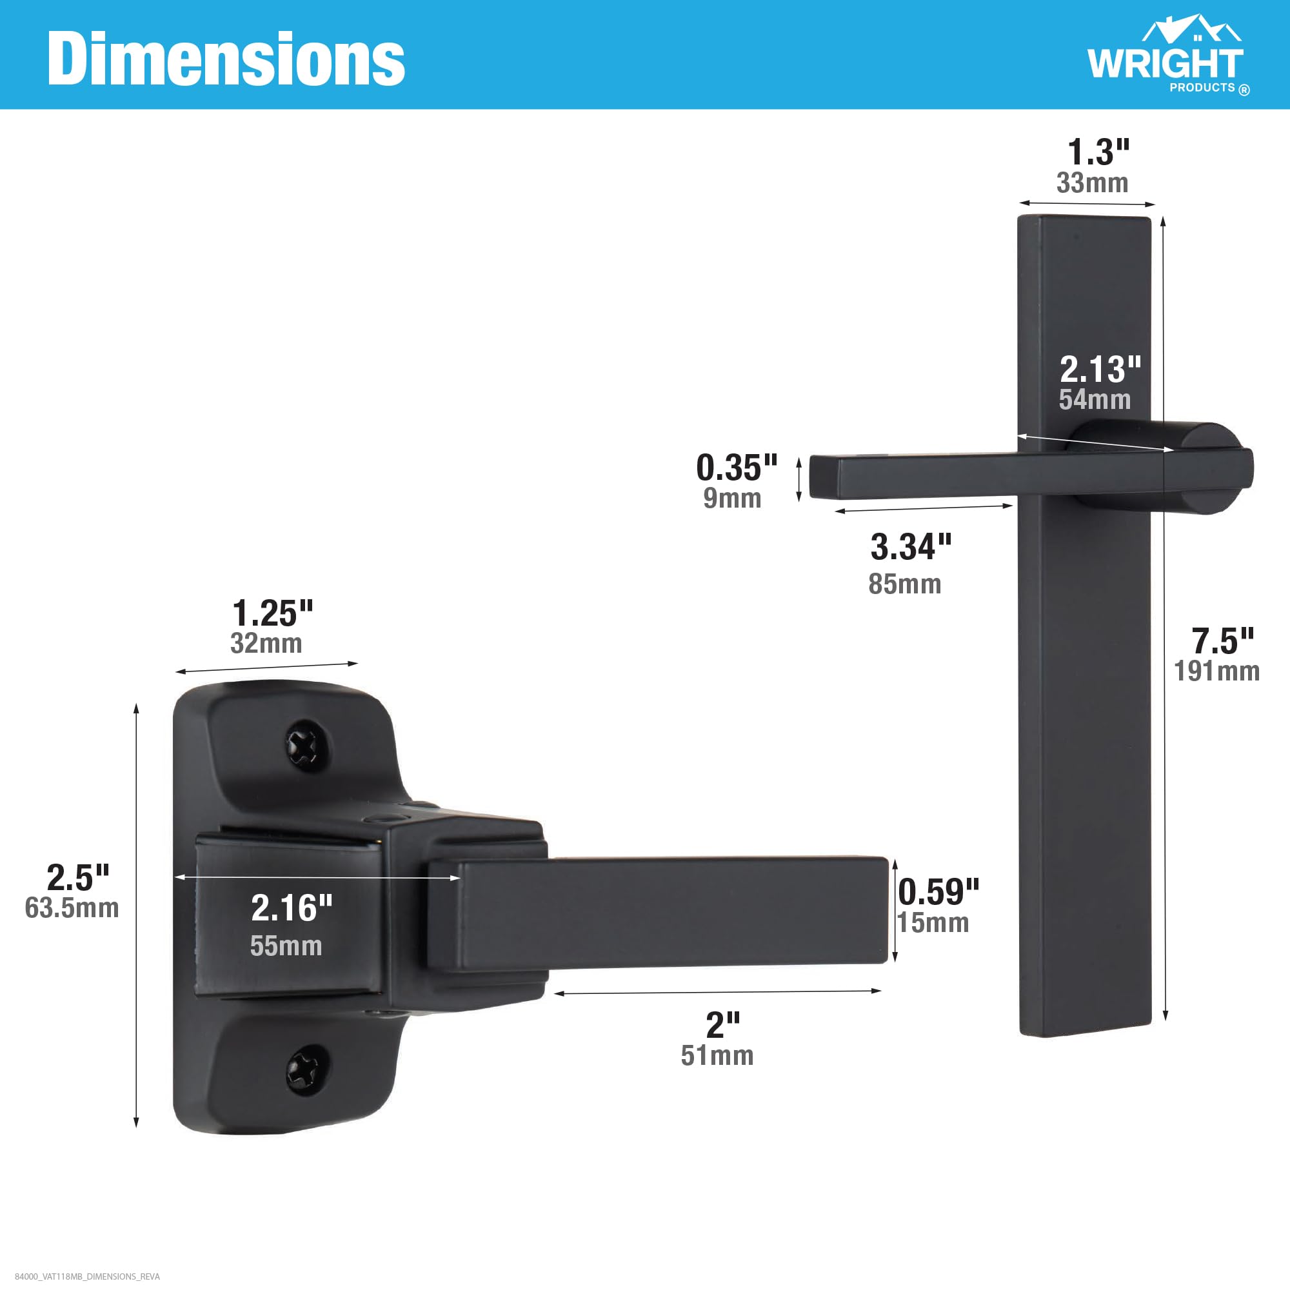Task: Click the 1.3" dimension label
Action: click(x=1098, y=152)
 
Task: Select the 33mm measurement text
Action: click(x=1093, y=183)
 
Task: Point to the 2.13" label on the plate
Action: click(x=1100, y=369)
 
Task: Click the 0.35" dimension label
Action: click(x=737, y=468)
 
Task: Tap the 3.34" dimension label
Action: click(x=911, y=547)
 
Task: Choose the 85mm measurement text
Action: click(x=905, y=584)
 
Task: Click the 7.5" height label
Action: click(x=1222, y=641)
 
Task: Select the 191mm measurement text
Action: click(x=1216, y=671)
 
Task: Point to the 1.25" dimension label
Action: click(x=272, y=613)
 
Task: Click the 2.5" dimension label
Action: click(x=78, y=877)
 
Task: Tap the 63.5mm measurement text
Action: click(x=72, y=908)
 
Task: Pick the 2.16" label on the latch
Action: click(x=292, y=908)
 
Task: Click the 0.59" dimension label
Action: click(x=938, y=891)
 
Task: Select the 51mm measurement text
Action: click(x=717, y=1056)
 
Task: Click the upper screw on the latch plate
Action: click(x=306, y=744)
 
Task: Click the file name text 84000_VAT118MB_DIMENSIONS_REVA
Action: click(x=88, y=1276)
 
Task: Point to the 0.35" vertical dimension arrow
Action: click(x=799, y=479)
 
